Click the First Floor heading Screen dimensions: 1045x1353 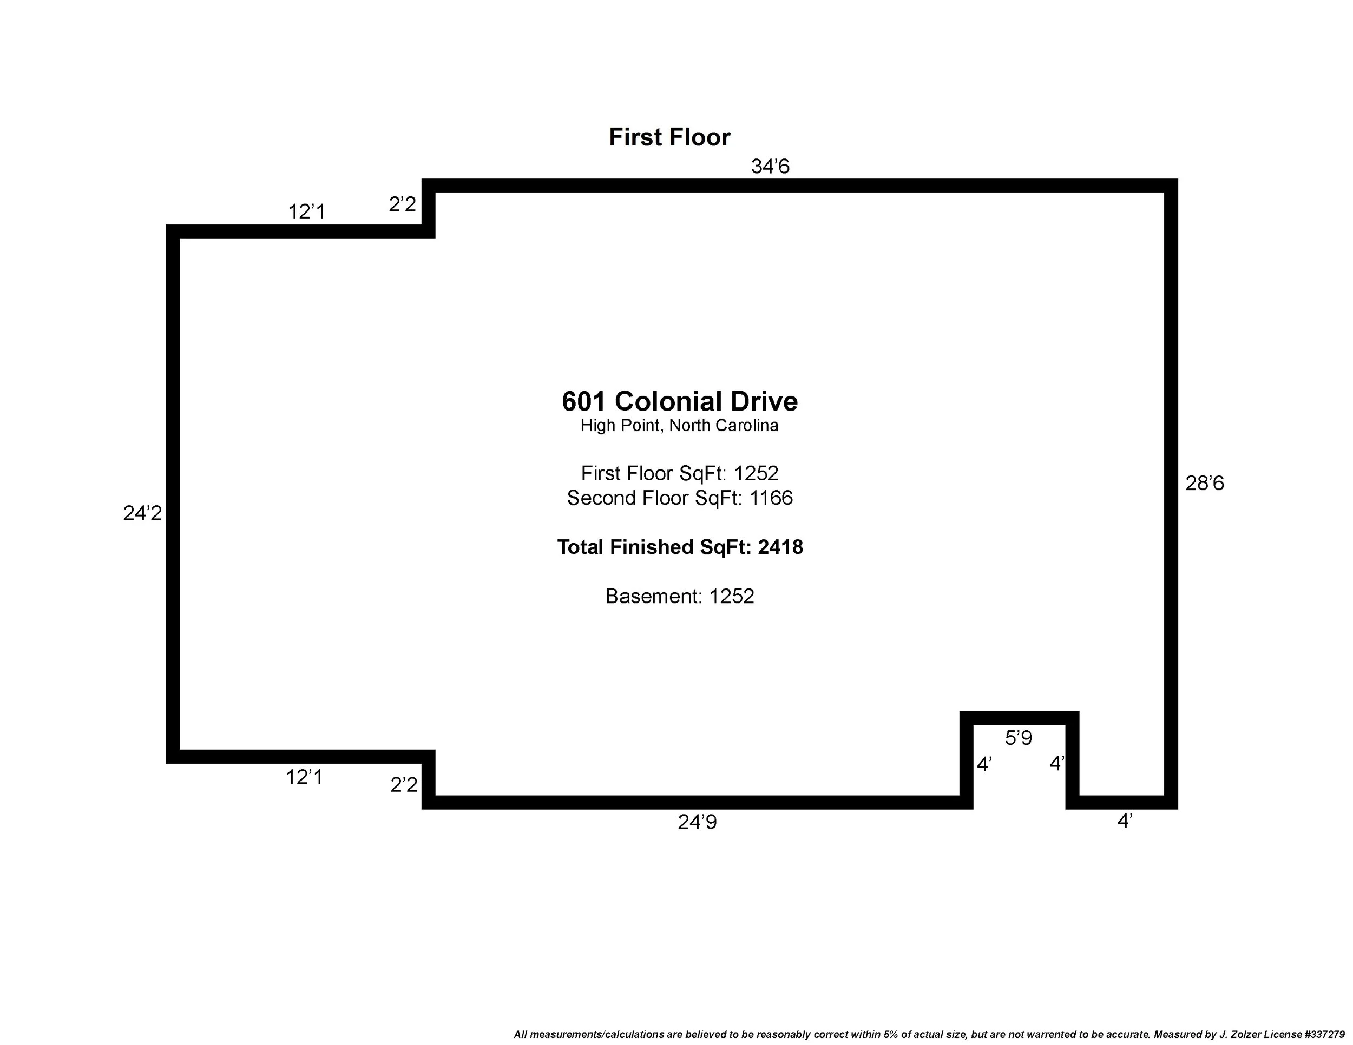pos(669,137)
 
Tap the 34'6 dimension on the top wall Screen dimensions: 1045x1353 pos(770,167)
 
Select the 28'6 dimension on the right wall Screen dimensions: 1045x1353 pos(1204,483)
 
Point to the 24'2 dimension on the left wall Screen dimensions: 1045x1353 pos(142,513)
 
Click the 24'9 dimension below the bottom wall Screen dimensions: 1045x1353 pos(697,822)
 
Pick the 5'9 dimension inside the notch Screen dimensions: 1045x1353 pos(1019,738)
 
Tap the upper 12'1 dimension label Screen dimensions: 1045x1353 pos(307,211)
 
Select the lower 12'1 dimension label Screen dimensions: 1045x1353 pos(304,777)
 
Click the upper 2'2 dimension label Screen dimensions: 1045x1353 pos(403,204)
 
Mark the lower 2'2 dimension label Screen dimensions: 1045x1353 pos(404,785)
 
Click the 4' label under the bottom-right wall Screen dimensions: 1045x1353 pos(1125,821)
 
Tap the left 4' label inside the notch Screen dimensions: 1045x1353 pos(984,765)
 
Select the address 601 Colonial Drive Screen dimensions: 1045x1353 pos(680,401)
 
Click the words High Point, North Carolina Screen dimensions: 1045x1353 pos(679,426)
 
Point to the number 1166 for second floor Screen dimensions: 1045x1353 pos(771,498)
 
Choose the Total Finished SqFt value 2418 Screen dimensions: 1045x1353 pos(780,547)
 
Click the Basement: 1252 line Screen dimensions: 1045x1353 pos(680,596)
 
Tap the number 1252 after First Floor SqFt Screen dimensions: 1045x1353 pos(756,474)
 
